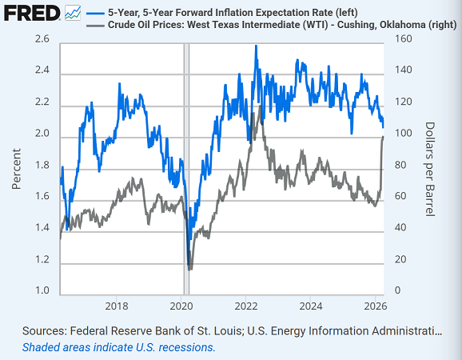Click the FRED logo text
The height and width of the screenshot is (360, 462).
(x=30, y=14)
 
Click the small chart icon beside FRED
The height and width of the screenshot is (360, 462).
(x=73, y=13)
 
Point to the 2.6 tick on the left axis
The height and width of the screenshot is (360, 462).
(x=42, y=39)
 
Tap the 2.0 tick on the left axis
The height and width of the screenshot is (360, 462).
(x=42, y=134)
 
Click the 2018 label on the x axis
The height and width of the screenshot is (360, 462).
(x=117, y=306)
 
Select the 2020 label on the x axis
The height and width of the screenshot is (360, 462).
(x=181, y=306)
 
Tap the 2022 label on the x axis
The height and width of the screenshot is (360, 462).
(x=246, y=306)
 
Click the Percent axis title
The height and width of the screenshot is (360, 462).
(x=17, y=167)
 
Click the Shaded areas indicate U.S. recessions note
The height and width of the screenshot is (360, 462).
(x=119, y=347)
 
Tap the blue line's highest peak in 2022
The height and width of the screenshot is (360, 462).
(x=255, y=46)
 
